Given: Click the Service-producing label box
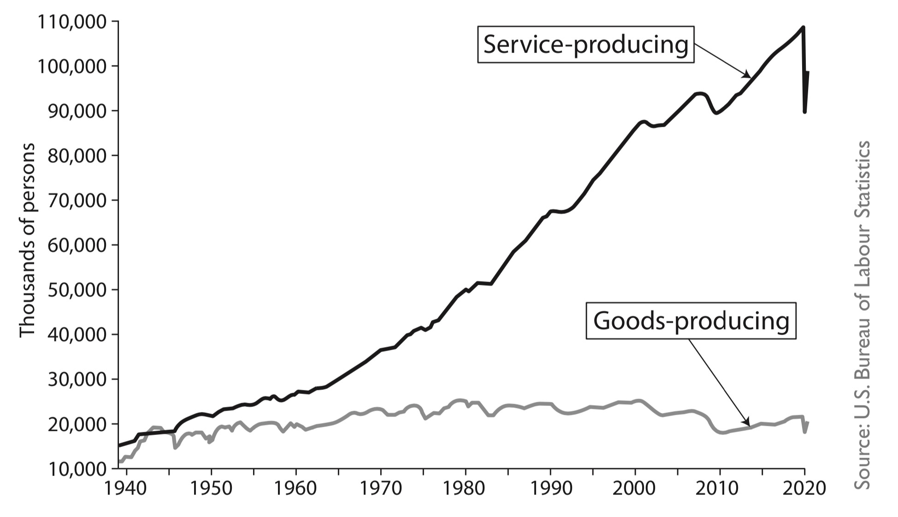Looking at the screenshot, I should click(585, 45).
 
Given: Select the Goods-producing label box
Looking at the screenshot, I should click(691, 321).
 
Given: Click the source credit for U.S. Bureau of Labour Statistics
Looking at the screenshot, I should click(861, 314).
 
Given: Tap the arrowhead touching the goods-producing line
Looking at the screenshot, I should click(746, 423).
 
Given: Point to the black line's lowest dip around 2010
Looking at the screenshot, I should click(716, 113).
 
